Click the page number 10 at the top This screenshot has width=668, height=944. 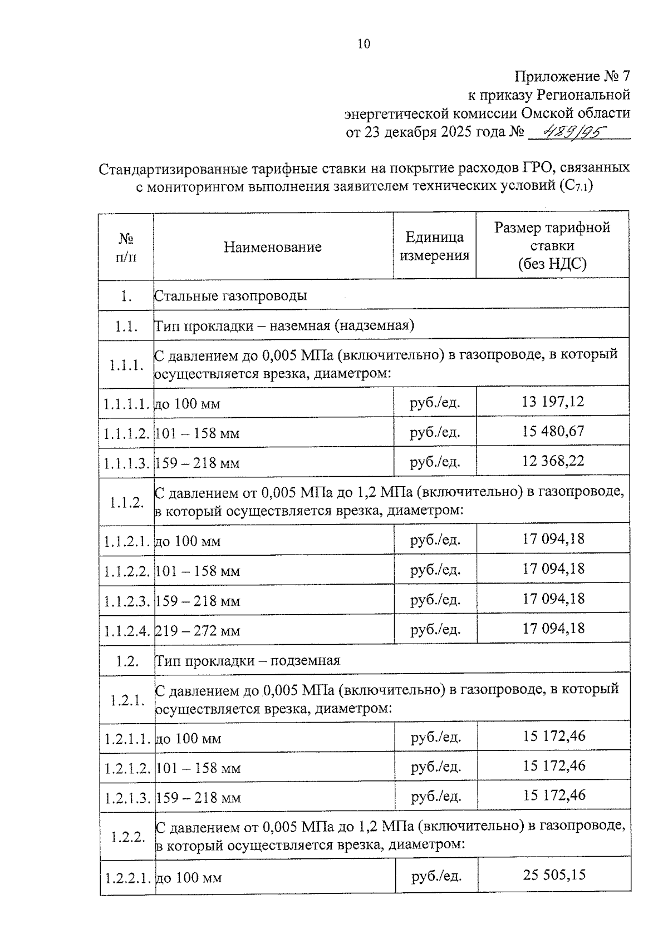(x=364, y=44)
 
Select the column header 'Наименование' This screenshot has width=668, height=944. (x=273, y=247)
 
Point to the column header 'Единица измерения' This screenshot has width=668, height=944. (x=434, y=246)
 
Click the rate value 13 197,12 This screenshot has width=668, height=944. (x=553, y=401)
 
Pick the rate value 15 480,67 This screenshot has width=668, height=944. (x=553, y=431)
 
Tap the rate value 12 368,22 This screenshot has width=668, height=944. (x=553, y=461)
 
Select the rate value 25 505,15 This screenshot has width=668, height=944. (x=554, y=875)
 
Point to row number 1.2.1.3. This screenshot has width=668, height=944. (x=127, y=798)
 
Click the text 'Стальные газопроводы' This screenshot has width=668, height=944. (x=230, y=295)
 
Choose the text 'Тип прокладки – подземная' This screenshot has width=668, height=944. (x=247, y=661)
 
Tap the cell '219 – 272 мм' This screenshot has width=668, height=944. (x=198, y=631)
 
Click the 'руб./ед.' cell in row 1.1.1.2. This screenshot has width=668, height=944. (x=435, y=432)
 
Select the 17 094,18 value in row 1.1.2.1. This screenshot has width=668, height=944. (x=553, y=539)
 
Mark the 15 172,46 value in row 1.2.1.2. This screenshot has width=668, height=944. (x=554, y=766)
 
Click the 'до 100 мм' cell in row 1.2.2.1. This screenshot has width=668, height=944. (x=189, y=878)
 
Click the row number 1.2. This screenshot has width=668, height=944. (x=127, y=661)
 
